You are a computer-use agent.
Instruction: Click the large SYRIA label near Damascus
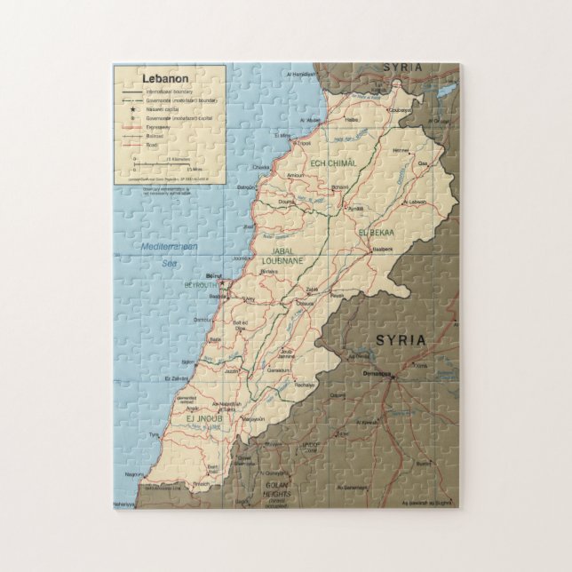(x=401, y=340)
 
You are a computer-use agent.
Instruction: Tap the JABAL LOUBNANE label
(x=282, y=256)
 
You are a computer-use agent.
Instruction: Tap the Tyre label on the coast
(x=154, y=434)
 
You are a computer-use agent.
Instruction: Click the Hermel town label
(x=402, y=151)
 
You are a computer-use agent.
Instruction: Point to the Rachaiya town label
(x=306, y=385)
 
